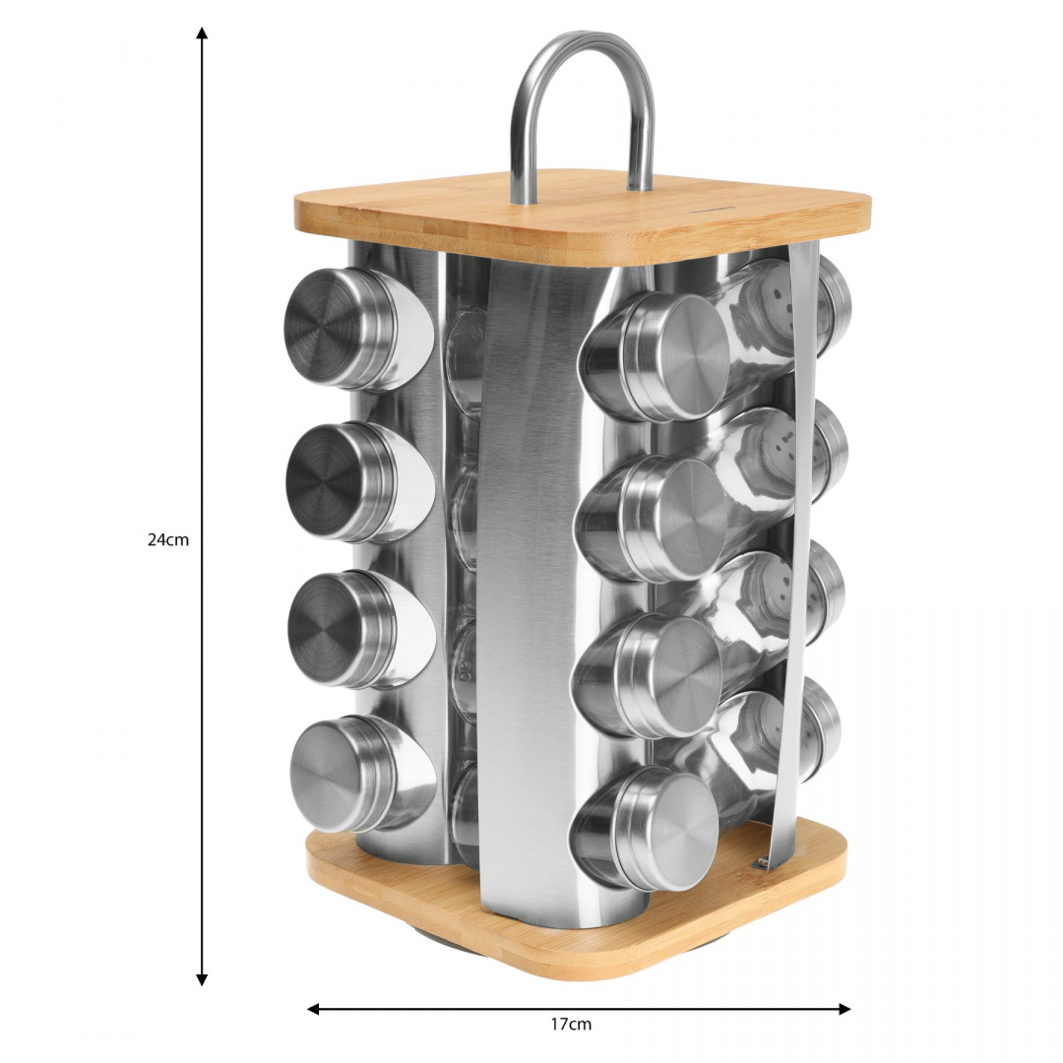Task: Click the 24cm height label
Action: (168, 540)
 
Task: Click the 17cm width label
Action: (571, 1024)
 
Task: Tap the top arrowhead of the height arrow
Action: (202, 32)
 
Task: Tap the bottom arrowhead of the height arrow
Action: (202, 979)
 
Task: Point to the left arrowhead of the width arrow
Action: (314, 1009)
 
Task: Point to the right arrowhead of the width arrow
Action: (844, 1009)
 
